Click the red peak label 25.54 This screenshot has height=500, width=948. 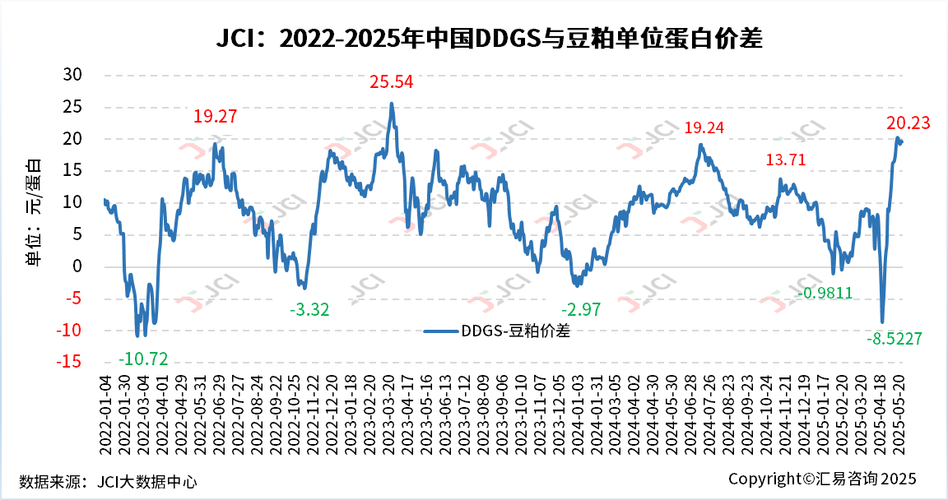pyautogui.click(x=391, y=82)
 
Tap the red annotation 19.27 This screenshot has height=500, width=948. pyautogui.click(x=215, y=117)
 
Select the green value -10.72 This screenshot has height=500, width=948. pyautogui.click(x=143, y=359)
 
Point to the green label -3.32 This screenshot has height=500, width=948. pyautogui.click(x=309, y=309)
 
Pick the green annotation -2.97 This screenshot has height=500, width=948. pyautogui.click(x=581, y=309)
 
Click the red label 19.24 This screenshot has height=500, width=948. pyautogui.click(x=705, y=128)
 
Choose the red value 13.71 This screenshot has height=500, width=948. pyautogui.click(x=786, y=160)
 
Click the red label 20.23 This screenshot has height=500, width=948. pyautogui.click(x=908, y=123)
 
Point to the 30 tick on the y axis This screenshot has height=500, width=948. pyautogui.click(x=73, y=75)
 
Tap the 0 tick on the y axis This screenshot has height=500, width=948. pyautogui.click(x=78, y=266)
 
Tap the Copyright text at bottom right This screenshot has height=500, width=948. pyautogui.click(x=821, y=479)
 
